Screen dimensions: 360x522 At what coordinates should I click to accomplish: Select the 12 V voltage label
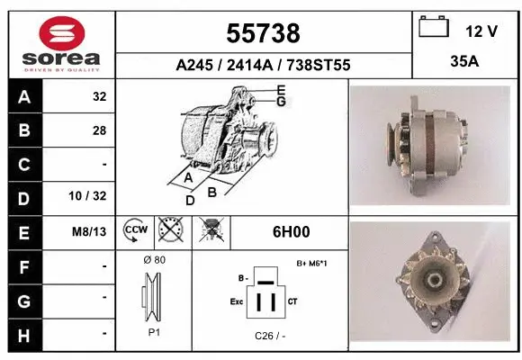click(x=481, y=31)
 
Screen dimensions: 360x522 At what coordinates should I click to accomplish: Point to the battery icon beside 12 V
click(x=434, y=29)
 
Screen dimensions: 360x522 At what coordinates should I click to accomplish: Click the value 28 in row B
click(x=99, y=130)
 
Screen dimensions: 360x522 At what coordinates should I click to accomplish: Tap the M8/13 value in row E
click(x=91, y=231)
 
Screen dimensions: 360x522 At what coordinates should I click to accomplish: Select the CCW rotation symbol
click(x=135, y=231)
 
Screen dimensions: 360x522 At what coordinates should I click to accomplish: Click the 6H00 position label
click(x=291, y=231)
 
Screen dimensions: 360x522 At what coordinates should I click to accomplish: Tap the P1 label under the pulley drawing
click(x=153, y=332)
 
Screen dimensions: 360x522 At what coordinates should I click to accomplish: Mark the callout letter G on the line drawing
click(x=281, y=101)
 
